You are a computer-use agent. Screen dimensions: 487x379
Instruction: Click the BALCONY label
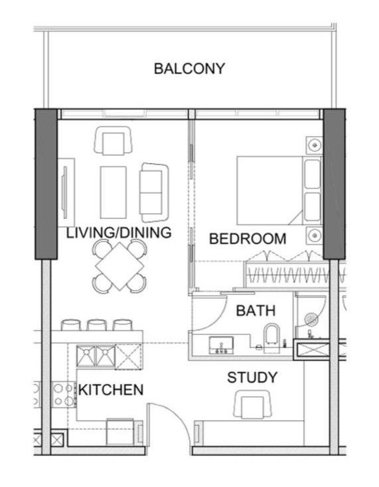[189, 68]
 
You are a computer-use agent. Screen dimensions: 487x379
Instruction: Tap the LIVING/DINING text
[119, 233]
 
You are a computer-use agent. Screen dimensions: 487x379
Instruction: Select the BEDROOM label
[248, 239]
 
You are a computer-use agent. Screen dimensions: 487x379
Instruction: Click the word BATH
[256, 310]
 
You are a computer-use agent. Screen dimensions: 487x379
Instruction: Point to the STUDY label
[252, 378]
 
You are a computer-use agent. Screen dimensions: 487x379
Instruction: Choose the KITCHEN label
[111, 389]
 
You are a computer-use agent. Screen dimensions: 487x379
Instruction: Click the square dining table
[119, 265]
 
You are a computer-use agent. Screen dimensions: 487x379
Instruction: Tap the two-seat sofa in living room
[153, 192]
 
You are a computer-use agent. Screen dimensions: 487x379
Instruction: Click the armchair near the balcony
[114, 141]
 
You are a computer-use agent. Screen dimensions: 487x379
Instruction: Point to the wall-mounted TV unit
[65, 192]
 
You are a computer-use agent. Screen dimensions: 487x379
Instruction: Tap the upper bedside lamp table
[313, 145]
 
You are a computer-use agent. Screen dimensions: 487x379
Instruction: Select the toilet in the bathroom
[271, 335]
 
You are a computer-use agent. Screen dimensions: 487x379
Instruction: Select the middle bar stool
[97, 324]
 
